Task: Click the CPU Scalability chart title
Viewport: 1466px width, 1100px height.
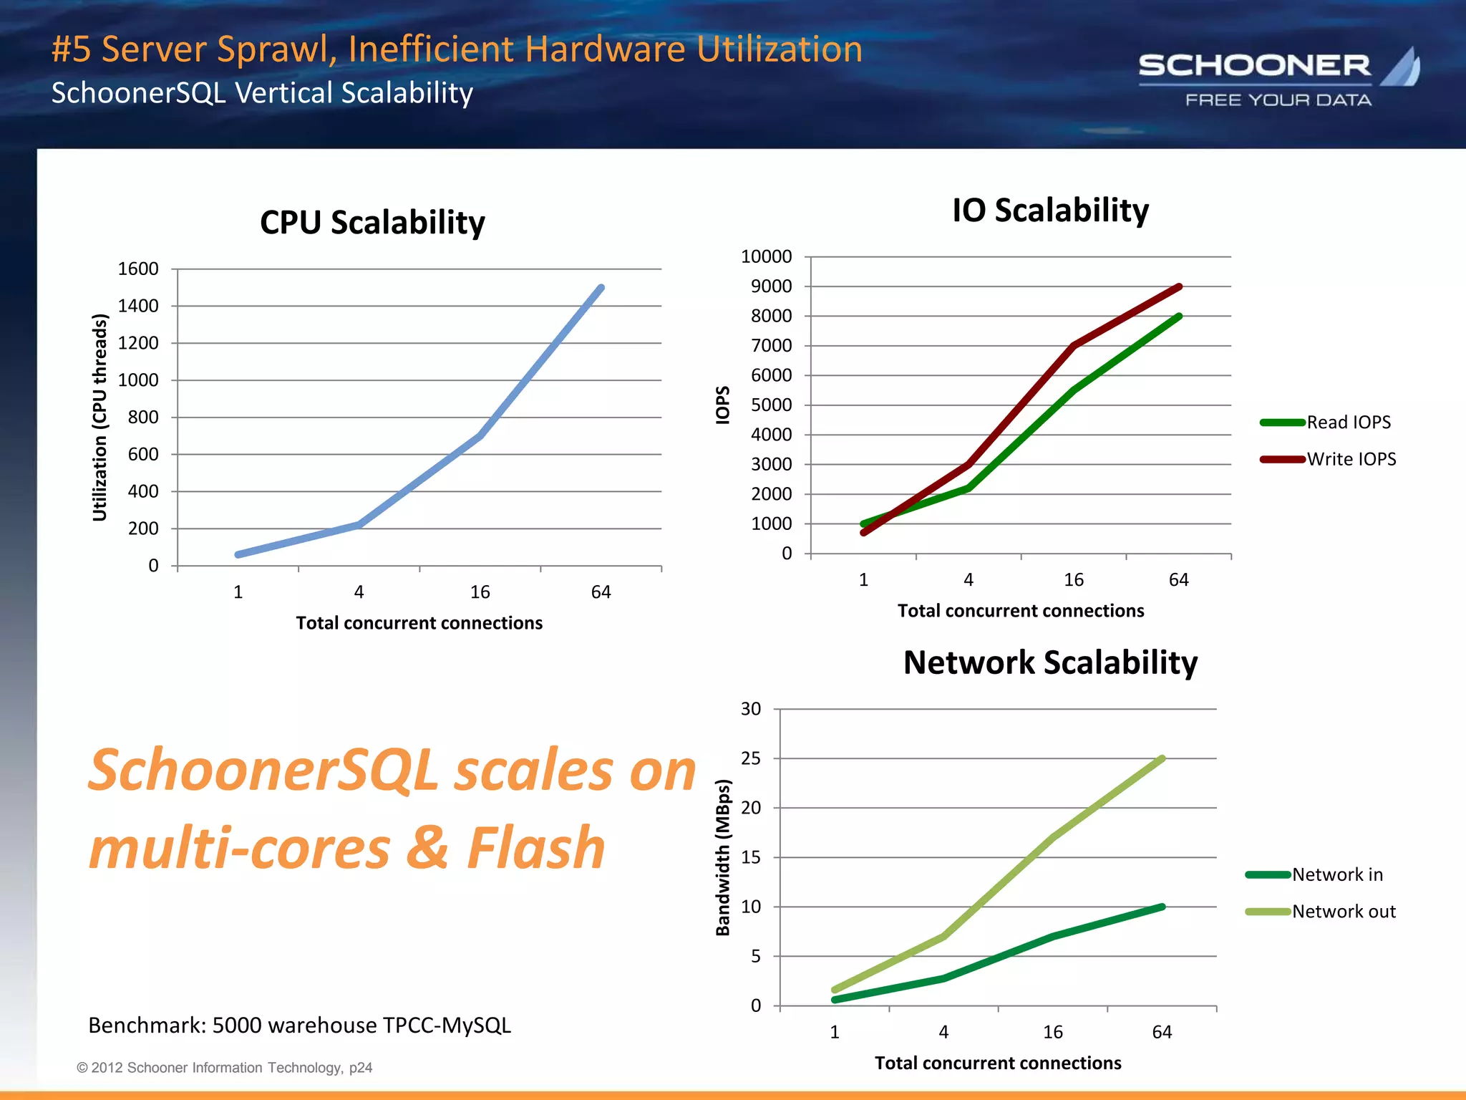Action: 372,223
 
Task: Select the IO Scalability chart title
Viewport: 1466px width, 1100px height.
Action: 1050,211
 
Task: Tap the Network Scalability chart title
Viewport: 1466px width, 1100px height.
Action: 1050,662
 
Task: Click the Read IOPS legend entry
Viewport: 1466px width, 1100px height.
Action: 1348,423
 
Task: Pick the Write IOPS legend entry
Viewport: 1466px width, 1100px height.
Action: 1351,459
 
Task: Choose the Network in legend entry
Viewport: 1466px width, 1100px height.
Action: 1336,874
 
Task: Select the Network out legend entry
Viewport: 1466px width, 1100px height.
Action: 1343,912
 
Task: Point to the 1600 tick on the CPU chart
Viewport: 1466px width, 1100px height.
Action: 138,269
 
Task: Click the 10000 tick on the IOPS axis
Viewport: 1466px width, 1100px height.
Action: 766,256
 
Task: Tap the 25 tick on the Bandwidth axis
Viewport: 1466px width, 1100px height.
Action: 750,758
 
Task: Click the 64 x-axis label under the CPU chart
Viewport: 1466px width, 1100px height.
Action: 601,592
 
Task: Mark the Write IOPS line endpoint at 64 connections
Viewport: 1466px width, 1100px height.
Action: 1178,287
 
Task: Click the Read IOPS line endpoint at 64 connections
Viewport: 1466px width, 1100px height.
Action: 1178,317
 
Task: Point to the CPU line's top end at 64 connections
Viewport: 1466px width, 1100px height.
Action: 601,288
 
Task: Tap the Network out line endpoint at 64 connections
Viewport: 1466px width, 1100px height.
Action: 1162,758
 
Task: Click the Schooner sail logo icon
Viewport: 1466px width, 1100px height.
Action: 1402,68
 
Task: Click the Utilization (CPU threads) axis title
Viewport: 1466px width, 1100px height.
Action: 99,418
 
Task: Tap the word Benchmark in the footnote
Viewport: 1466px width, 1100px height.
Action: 146,1026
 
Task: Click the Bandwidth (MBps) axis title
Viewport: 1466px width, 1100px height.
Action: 723,857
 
